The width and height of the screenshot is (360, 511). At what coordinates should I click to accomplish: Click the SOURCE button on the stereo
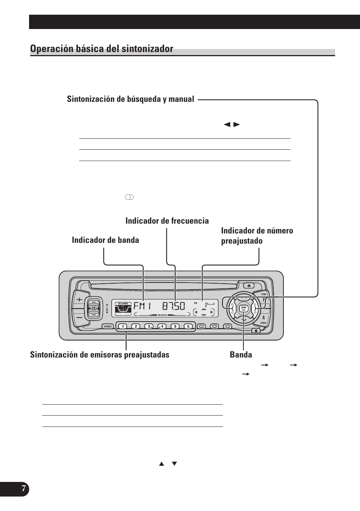(x=108, y=326)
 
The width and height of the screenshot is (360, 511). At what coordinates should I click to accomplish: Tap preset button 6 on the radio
(x=188, y=326)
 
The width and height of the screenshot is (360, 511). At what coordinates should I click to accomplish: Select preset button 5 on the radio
(x=175, y=326)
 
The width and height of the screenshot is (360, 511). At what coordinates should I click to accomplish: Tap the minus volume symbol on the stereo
(x=79, y=318)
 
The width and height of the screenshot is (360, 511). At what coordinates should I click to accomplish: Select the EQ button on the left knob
(x=94, y=308)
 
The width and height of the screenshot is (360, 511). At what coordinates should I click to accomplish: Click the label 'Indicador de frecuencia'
(x=167, y=221)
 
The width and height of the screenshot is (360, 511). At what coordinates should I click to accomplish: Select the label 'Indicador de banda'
(x=105, y=240)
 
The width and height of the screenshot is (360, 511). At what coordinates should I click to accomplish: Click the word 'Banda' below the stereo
(x=241, y=355)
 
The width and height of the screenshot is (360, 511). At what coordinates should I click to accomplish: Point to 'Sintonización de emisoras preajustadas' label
(x=100, y=355)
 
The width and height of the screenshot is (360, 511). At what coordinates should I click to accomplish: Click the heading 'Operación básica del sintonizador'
(x=102, y=49)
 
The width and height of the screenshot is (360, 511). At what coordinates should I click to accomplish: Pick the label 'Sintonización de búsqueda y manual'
(x=131, y=99)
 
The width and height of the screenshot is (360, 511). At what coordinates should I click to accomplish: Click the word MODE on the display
(x=162, y=315)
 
